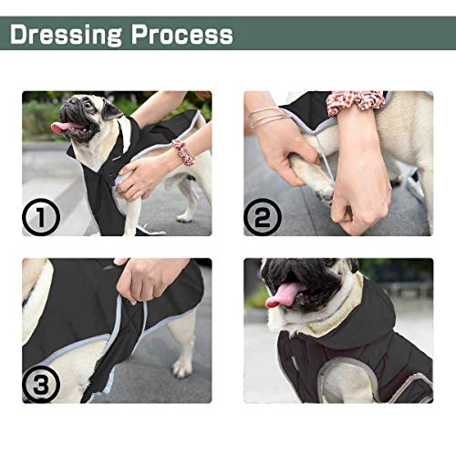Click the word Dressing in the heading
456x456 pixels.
click(66, 35)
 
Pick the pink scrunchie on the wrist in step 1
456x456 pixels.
click(184, 152)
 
